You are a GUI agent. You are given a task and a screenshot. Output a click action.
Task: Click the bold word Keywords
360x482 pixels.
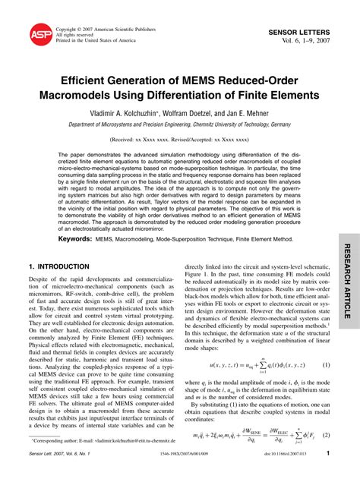tap(75, 238)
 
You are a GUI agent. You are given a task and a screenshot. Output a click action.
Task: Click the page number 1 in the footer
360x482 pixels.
tap(328, 474)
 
